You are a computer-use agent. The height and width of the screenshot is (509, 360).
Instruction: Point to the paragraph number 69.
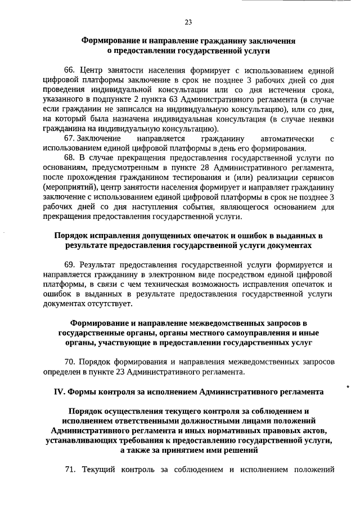[70, 264]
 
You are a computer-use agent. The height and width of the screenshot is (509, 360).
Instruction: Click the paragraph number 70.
[70, 362]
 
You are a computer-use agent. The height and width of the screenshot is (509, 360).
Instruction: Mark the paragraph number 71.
[69, 470]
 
